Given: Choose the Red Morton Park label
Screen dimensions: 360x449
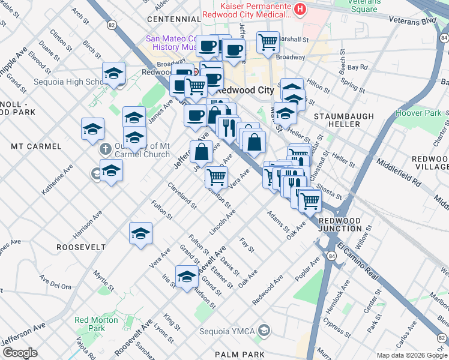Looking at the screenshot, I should (x=96, y=324).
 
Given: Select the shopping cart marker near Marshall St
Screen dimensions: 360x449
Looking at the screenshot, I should (x=268, y=42).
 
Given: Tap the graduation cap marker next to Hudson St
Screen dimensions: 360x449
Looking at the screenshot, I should (x=187, y=277).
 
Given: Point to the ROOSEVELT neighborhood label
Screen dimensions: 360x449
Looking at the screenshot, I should (x=81, y=247).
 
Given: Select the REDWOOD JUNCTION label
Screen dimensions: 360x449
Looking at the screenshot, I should (x=340, y=224).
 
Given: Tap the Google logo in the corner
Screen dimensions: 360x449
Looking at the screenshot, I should (x=20, y=353).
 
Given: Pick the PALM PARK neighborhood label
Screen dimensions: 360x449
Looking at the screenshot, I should (x=242, y=355).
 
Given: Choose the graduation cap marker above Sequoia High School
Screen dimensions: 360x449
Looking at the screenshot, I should (x=113, y=73).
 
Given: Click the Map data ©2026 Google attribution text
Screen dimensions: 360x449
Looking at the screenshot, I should (x=412, y=355).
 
